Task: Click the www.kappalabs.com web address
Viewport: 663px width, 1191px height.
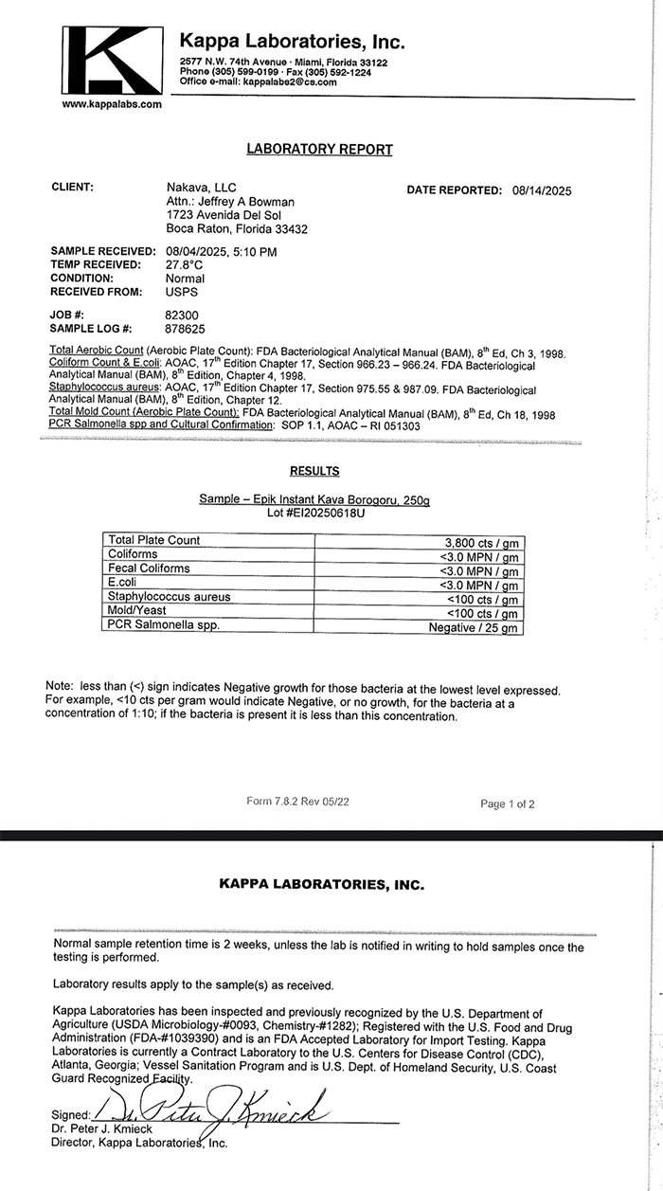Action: point(112,104)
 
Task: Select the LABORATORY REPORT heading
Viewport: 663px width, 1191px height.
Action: point(319,149)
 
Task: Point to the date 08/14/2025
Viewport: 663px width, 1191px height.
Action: point(542,190)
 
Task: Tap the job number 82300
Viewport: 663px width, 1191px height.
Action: point(182,314)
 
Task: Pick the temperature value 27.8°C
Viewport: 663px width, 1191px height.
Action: point(185,265)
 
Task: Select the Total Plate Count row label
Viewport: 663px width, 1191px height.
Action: point(154,540)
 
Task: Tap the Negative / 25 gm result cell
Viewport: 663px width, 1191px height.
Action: point(473,627)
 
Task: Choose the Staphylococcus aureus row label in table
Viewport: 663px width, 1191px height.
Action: point(170,597)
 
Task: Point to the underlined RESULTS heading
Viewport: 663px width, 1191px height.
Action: point(314,471)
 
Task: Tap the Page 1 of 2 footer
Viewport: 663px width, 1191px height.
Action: point(508,804)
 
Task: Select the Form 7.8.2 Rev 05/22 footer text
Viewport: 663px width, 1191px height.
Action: point(297,801)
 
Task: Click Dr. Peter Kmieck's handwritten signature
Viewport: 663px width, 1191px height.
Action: point(227,1106)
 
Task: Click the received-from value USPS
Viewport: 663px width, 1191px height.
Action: point(182,292)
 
